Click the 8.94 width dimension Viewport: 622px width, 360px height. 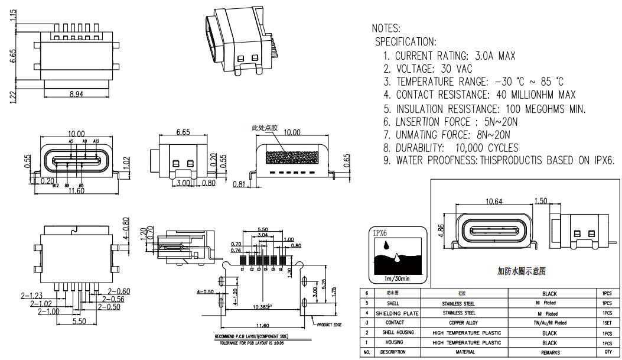(x=76, y=94)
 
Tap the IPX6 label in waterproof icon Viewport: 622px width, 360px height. (x=380, y=233)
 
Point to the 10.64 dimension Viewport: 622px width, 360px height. (x=493, y=202)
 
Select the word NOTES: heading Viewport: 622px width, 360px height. (x=386, y=28)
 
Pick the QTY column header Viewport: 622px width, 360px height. (x=607, y=352)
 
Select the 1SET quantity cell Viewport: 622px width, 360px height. (x=607, y=323)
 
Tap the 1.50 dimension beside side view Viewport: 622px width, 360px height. (x=540, y=202)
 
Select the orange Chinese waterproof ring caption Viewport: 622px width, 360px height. (x=521, y=271)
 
